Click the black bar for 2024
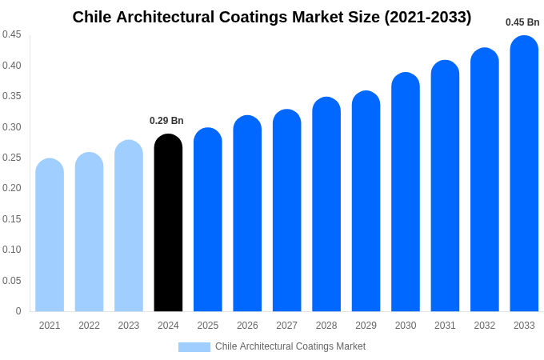coord(168,224)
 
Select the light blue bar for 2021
coord(50,236)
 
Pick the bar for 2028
coord(326,205)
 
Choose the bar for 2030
coord(406,193)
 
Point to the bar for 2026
coord(247,214)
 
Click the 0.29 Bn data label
coord(166,121)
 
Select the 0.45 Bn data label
coord(522,22)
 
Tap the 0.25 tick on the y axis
coord(12,158)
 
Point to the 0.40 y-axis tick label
coord(12,66)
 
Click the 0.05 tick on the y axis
coord(12,281)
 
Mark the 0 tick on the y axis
coord(18,311)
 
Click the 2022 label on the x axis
coord(89,326)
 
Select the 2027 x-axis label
coord(286,326)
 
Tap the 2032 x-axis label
coord(484,326)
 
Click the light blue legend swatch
coord(194,347)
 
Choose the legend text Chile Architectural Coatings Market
coord(290,346)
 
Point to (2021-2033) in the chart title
coord(427,17)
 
